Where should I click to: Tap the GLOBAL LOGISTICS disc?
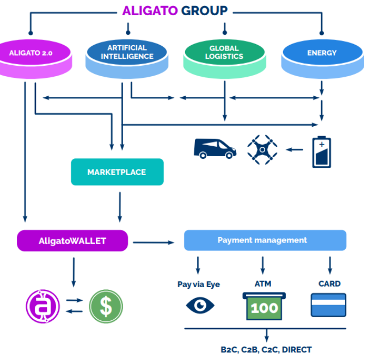(x=224, y=55)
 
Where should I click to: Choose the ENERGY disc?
(x=322, y=55)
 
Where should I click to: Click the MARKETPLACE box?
(x=117, y=172)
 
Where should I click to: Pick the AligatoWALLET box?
(x=72, y=240)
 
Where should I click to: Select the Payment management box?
(x=265, y=240)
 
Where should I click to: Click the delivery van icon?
(x=215, y=148)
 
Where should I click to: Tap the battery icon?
(x=321, y=152)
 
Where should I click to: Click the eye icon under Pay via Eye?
(x=200, y=305)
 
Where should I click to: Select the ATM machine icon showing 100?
(x=264, y=305)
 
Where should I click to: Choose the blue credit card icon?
(x=328, y=305)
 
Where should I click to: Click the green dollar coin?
(x=106, y=306)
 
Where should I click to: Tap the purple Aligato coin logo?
(x=42, y=306)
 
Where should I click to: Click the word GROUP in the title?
(x=204, y=11)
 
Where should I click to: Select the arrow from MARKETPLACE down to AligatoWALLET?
(x=120, y=206)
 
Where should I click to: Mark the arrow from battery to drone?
(x=295, y=149)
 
